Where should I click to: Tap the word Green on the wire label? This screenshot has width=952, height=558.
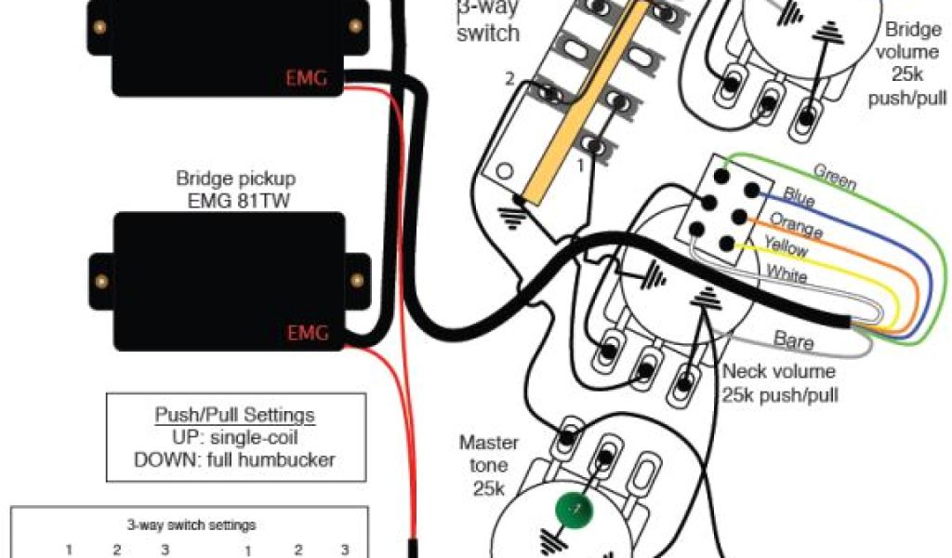click(835, 176)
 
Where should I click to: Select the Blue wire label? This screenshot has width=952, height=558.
click(800, 197)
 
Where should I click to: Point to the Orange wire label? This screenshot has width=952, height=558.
click(797, 225)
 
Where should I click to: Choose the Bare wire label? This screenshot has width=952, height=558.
click(793, 341)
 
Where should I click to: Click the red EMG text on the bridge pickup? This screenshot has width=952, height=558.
click(307, 333)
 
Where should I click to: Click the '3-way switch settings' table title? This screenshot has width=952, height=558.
click(191, 525)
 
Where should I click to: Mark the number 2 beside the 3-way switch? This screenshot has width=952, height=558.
click(509, 78)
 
